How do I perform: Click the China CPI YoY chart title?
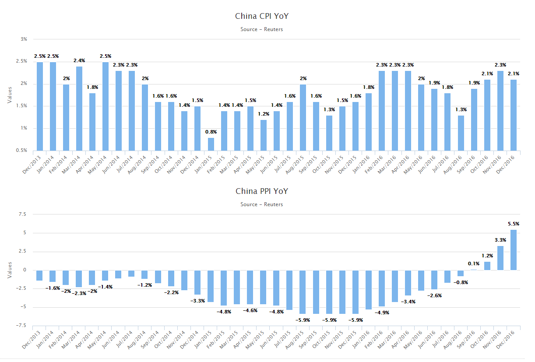(262, 17)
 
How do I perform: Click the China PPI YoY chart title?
(262, 191)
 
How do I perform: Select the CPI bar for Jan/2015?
(211, 144)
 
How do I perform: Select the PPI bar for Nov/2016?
(500, 258)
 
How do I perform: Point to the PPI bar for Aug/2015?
(303, 292)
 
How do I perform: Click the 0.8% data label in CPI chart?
(211, 132)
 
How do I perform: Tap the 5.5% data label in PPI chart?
(513, 224)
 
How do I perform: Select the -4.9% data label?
(381, 313)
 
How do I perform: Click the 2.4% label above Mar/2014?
(79, 60)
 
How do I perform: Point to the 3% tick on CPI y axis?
(24, 39)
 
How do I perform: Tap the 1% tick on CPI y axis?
(24, 128)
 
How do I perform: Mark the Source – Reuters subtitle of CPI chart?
(262, 29)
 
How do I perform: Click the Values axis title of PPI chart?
(10, 270)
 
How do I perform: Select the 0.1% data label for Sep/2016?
(473, 264)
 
